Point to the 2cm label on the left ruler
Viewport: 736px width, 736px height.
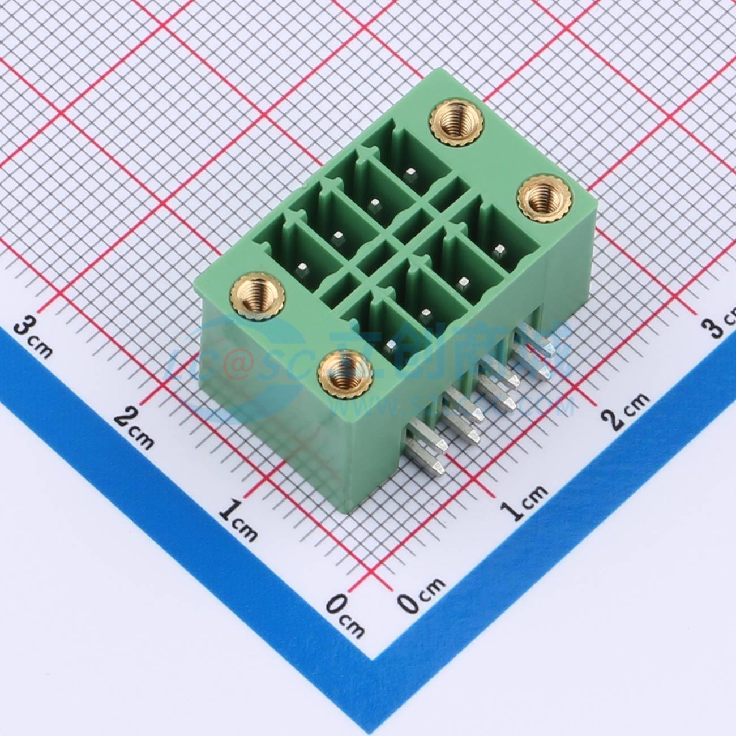click(x=135, y=427)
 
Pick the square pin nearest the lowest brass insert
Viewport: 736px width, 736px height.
click(x=391, y=343)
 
